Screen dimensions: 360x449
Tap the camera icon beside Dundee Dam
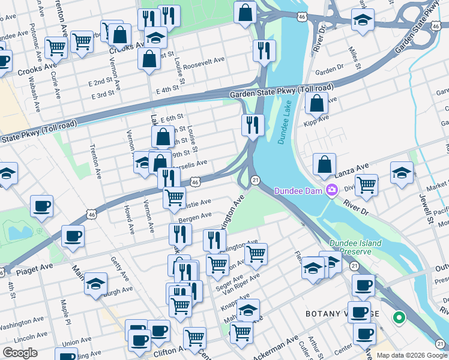coord(331,190)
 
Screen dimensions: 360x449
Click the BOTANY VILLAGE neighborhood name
coord(342,314)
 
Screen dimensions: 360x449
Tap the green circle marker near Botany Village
coord(397,317)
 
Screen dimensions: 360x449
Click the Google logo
coord(20,353)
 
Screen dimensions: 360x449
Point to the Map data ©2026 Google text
coord(412,355)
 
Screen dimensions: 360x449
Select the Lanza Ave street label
coord(354,169)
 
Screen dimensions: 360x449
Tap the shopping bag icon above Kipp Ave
coord(316,103)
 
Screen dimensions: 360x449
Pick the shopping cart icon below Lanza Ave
coord(366,184)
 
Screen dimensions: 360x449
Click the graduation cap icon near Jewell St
coord(402,172)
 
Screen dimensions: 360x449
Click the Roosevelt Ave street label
coord(203,62)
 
